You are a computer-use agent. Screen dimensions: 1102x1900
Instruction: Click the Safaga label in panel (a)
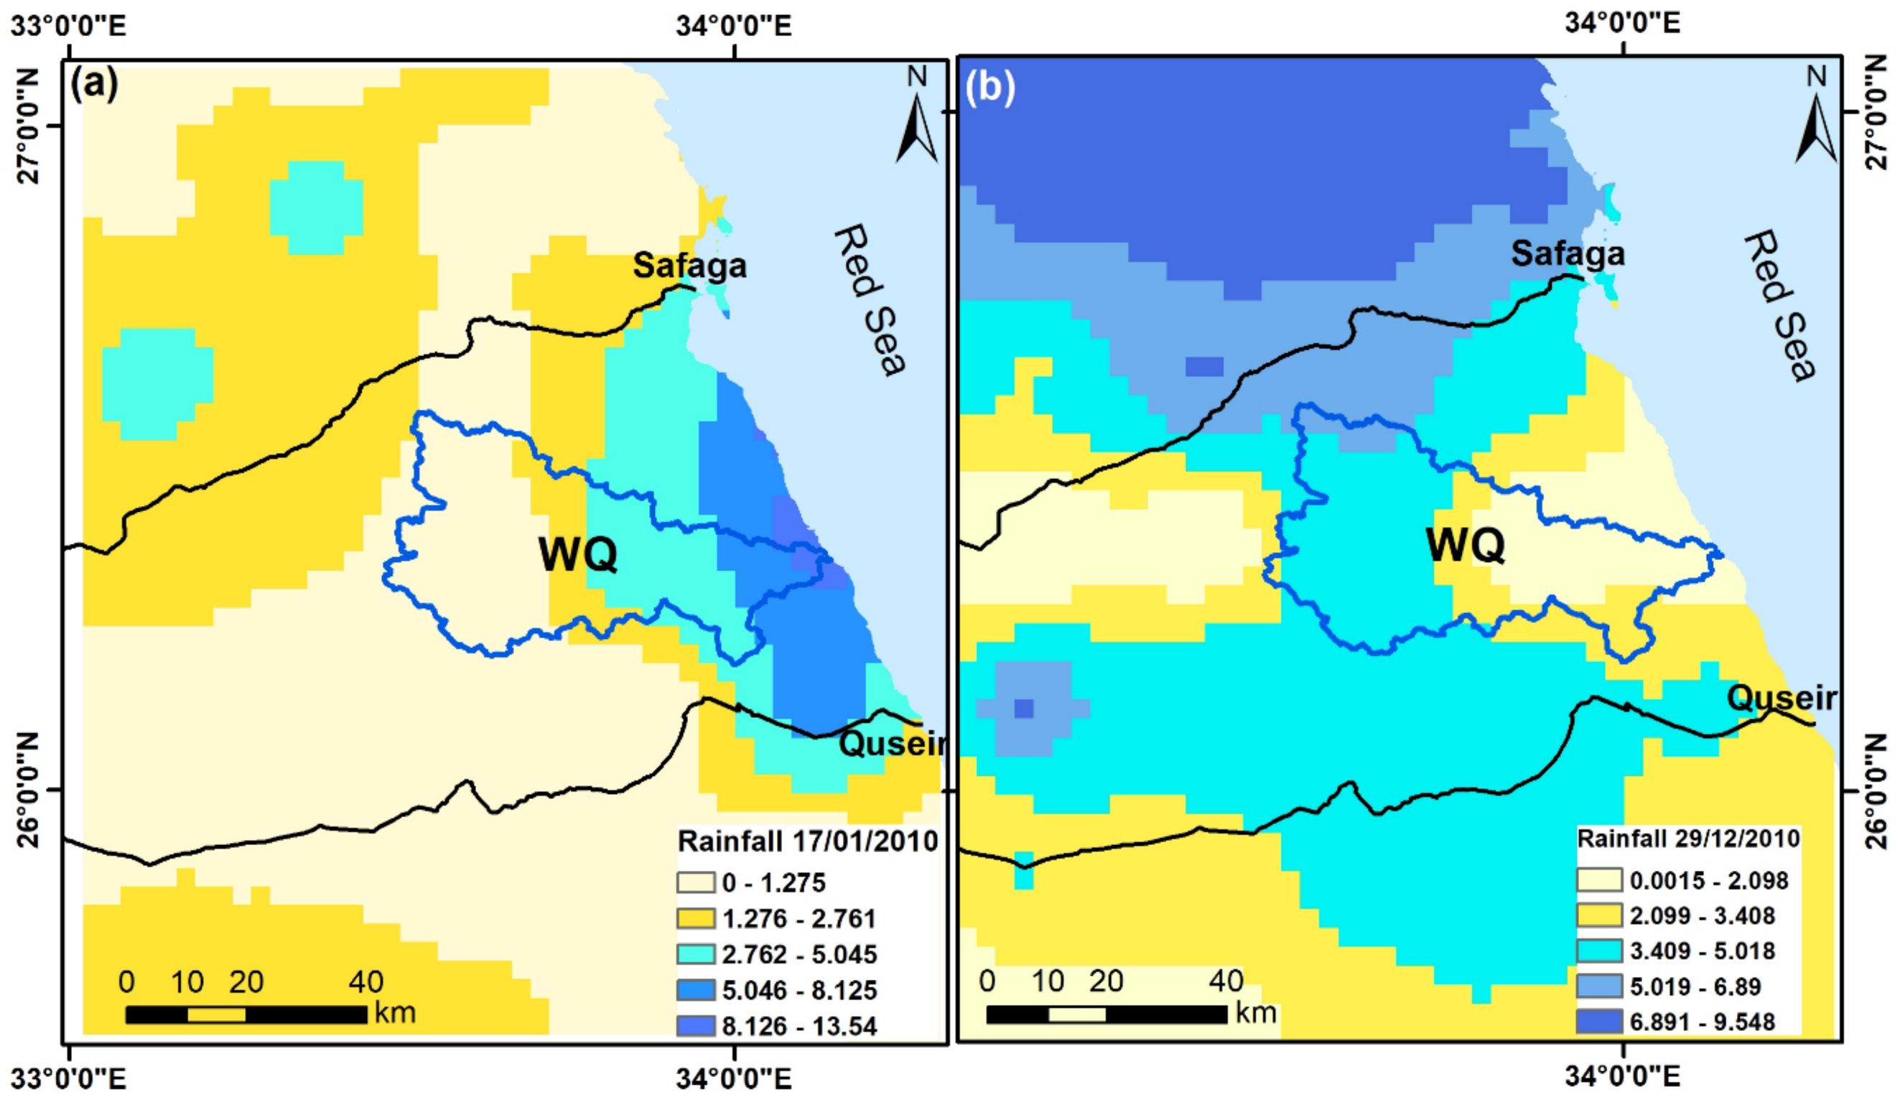pyautogui.click(x=689, y=266)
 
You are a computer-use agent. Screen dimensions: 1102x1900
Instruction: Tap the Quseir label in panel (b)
pyautogui.click(x=1781, y=698)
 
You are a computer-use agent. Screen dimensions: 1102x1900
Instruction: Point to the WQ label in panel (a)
pyautogui.click(x=577, y=556)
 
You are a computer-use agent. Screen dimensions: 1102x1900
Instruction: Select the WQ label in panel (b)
pyautogui.click(x=1464, y=545)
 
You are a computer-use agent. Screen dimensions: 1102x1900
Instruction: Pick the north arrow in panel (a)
pyautogui.click(x=916, y=117)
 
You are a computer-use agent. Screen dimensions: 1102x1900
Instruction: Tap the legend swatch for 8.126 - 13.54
pyautogui.click(x=695, y=1025)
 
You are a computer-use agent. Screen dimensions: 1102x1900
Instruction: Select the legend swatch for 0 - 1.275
pyautogui.click(x=695, y=882)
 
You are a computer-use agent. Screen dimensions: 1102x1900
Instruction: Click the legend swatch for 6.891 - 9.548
pyautogui.click(x=1598, y=1022)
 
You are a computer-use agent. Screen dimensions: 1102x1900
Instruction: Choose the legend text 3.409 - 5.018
pyautogui.click(x=1703, y=951)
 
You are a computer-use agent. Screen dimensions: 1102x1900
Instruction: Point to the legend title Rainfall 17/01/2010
pyautogui.click(x=807, y=841)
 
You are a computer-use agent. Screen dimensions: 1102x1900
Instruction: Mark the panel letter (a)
pyautogui.click(x=93, y=85)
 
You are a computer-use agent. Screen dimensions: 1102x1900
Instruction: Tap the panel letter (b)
pyautogui.click(x=989, y=88)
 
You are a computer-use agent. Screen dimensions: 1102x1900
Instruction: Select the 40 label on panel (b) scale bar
pyautogui.click(x=1226, y=981)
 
